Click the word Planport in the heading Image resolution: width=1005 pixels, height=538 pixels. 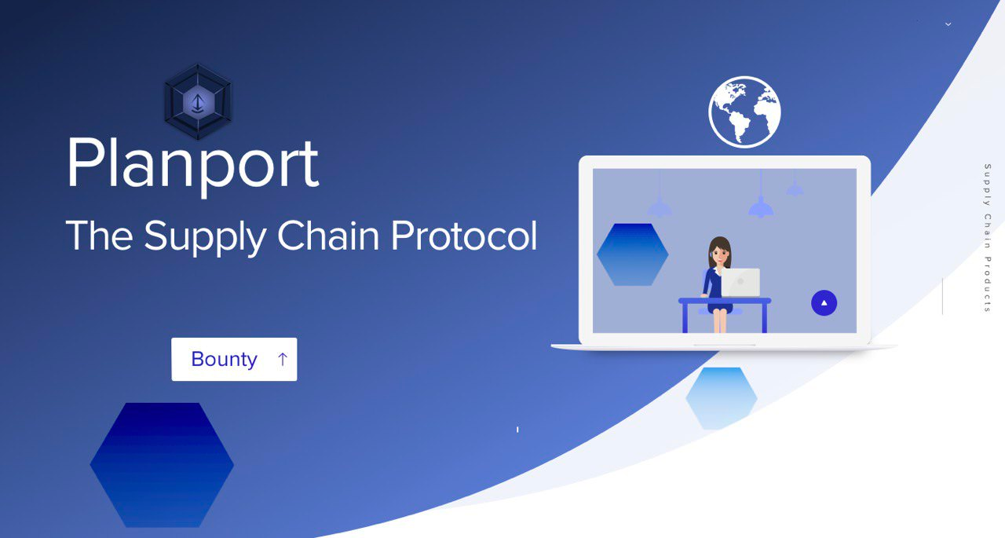coord(193,165)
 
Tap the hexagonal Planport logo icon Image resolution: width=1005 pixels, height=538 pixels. coord(198,101)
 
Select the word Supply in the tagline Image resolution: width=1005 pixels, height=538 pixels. coord(205,237)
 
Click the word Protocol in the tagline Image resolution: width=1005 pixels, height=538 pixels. coord(464,235)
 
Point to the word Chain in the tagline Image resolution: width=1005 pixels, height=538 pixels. coord(328,235)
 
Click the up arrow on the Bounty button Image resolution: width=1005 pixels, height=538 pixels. coord(282,359)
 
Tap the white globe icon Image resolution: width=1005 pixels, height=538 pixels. coord(745,112)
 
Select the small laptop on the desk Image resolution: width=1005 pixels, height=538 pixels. coord(740,282)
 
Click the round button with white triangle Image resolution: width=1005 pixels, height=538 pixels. coord(824,303)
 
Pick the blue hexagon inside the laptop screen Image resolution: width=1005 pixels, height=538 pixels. coord(633,254)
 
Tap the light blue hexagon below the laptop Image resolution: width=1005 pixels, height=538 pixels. coord(722,398)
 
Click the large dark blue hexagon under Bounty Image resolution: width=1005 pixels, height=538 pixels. coord(162,465)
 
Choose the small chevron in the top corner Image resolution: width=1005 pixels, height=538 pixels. coord(948,24)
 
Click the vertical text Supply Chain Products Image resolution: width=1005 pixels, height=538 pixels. coord(988,238)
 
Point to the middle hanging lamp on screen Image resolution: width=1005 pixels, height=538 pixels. coord(761,207)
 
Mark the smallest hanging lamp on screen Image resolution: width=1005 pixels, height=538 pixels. coord(795,188)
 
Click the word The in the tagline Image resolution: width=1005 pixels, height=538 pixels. coord(100,235)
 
